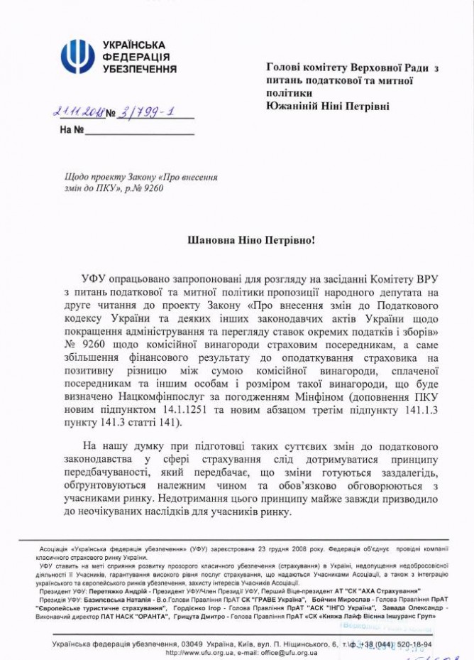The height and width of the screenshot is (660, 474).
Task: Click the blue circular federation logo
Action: point(77,55)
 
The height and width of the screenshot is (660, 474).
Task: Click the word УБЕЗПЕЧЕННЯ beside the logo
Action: point(140,70)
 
